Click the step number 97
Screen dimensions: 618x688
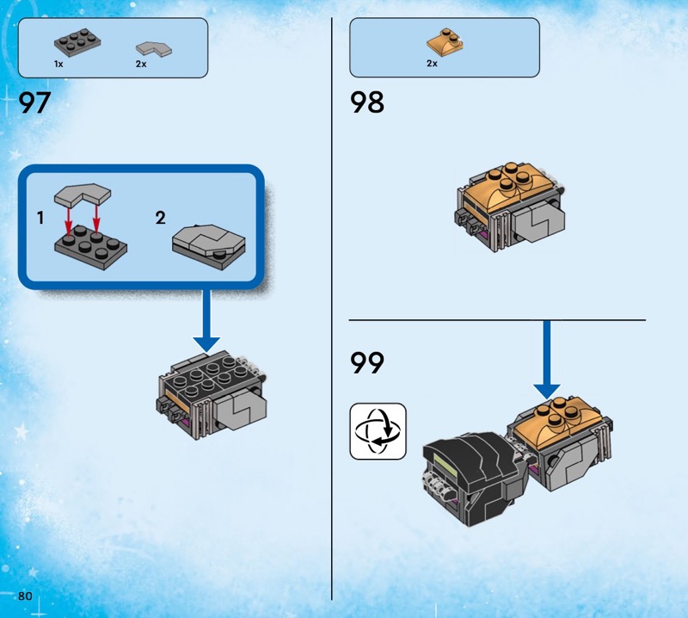pyautogui.click(x=34, y=104)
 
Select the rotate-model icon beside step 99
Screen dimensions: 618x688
pyautogui.click(x=378, y=430)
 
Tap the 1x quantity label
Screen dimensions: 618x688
pyautogui.click(x=58, y=65)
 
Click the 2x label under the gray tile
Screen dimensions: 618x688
pyautogui.click(x=141, y=65)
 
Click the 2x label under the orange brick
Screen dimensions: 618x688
pyautogui.click(x=432, y=64)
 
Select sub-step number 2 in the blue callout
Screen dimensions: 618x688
pyautogui.click(x=160, y=218)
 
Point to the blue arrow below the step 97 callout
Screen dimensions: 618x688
pyautogui.click(x=206, y=323)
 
